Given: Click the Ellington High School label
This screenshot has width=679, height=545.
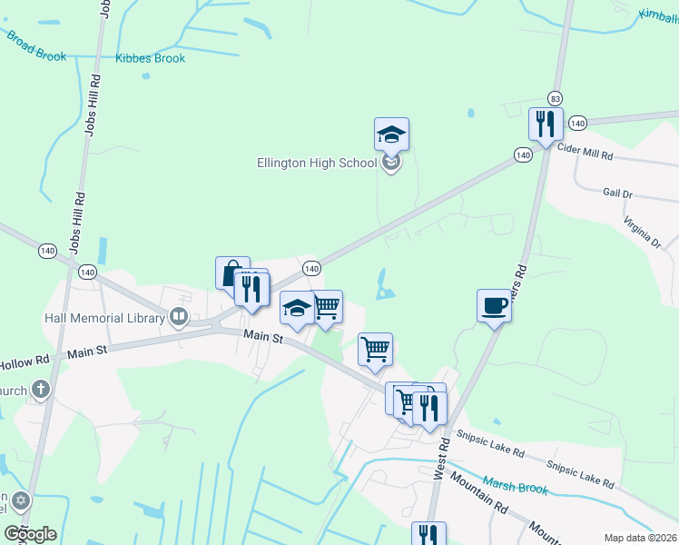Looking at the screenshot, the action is pos(316,163).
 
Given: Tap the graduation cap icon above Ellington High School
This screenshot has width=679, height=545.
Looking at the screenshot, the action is pos(391,134).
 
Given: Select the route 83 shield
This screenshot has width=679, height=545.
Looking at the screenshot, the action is pos(555,98).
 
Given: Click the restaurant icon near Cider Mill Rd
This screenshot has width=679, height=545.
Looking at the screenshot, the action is pos(546,124).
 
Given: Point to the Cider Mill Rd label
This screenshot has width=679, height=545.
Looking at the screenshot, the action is pos(586,154).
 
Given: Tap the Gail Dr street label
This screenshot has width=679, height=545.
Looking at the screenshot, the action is pos(617,193).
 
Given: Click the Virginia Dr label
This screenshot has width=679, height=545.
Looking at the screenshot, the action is pos(642,233).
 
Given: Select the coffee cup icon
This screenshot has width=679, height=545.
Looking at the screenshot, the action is pos(494,305).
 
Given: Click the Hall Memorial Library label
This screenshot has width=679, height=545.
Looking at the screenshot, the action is pos(106,318).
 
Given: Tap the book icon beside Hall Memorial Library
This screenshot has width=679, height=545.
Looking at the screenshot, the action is pos(179,317).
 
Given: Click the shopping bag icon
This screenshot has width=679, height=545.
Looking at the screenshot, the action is pos(231,272).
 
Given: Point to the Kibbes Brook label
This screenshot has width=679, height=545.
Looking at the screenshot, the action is pos(151,59).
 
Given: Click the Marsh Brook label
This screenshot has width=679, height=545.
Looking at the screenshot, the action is pos(515,486).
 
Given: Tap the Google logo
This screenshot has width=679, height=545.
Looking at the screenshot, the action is pos(30,533).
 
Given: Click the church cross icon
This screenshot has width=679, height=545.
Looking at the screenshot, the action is pos(40,390).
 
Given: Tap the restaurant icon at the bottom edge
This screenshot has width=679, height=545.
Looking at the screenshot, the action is pos(428,535).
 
